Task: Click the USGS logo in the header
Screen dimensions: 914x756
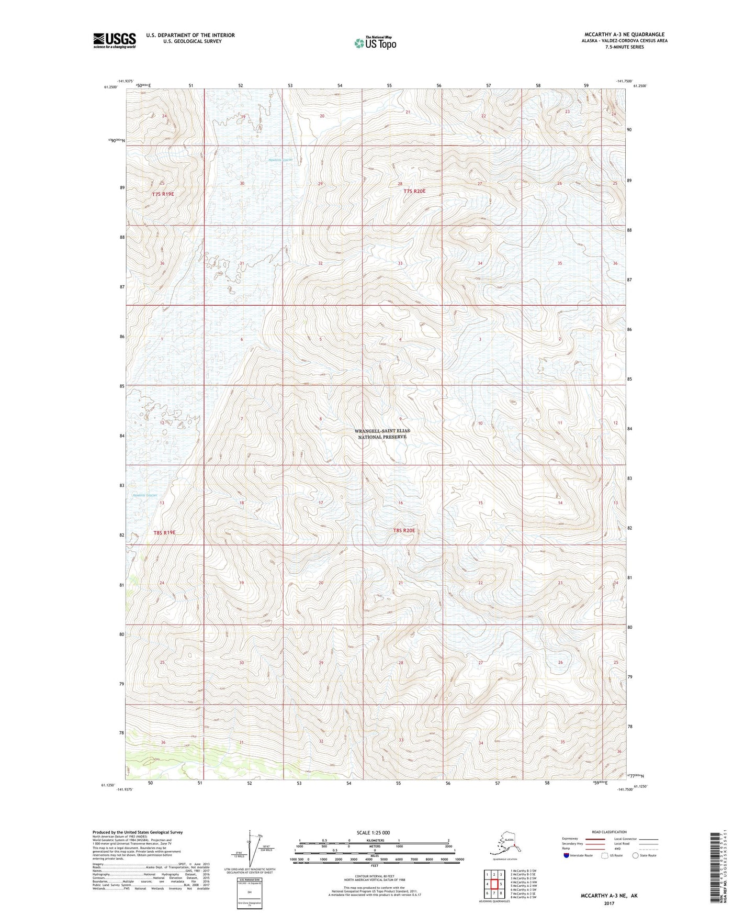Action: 114,40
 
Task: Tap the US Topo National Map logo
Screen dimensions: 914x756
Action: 375,42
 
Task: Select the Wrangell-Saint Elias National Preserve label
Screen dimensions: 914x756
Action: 382,433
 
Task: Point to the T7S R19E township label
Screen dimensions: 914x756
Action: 163,194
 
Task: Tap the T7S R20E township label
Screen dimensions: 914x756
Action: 414,191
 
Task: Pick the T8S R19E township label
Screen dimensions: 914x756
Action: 164,532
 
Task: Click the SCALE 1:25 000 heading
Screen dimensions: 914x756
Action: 374,832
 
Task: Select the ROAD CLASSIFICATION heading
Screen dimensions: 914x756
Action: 610,832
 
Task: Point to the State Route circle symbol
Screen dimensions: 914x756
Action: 635,855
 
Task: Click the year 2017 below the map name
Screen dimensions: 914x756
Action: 608,903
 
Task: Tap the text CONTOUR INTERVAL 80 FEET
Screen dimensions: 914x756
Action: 374,879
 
